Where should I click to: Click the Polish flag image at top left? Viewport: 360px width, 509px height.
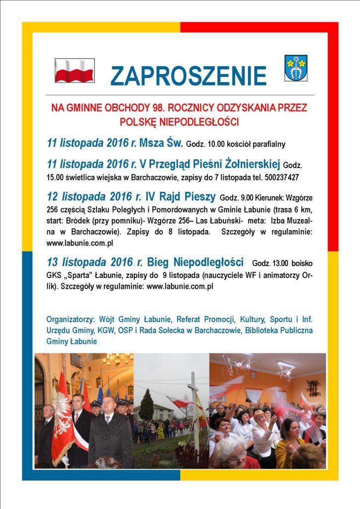tap(75, 71)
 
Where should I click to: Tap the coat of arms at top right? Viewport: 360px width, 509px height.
tap(295, 68)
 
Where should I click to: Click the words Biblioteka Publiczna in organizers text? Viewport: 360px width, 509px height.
tap(278, 330)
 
